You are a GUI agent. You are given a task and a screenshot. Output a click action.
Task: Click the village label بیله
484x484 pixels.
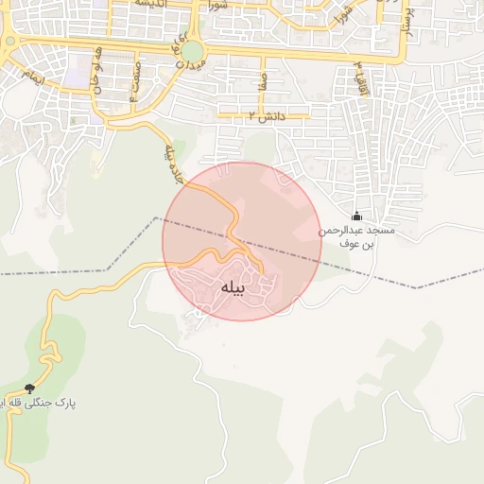[233, 286]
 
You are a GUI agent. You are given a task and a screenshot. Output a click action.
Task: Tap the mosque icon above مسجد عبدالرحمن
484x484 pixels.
[356, 216]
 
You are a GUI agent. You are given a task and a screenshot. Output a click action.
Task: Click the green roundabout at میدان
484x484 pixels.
[192, 50]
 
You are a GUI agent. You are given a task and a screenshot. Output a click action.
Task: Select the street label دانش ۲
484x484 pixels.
[266, 115]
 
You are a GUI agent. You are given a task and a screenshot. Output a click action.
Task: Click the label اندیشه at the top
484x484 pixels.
[152, 4]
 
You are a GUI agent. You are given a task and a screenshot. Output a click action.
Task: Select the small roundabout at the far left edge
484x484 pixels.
[8, 41]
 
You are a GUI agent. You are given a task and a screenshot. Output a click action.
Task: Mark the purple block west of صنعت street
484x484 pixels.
[79, 68]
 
